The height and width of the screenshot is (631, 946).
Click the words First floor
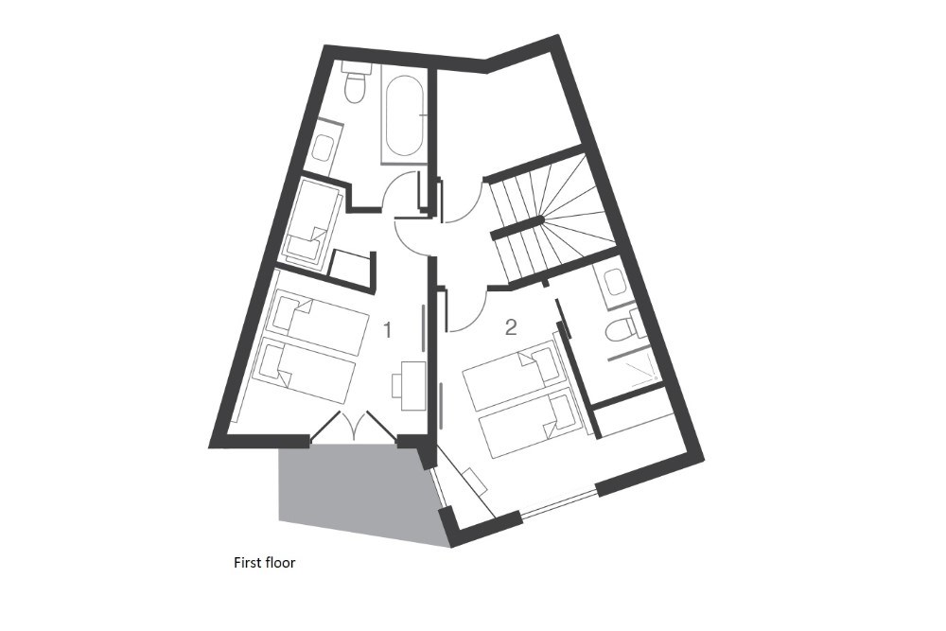[264, 562]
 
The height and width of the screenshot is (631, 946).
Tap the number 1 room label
[388, 330]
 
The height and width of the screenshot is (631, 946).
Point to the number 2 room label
[511, 327]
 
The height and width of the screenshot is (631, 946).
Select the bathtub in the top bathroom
[404, 115]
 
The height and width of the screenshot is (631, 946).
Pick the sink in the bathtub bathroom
[324, 148]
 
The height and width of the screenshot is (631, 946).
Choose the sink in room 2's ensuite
[614, 282]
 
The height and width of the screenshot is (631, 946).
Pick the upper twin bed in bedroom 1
[317, 323]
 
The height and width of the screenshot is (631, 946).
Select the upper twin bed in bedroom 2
[514, 374]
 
